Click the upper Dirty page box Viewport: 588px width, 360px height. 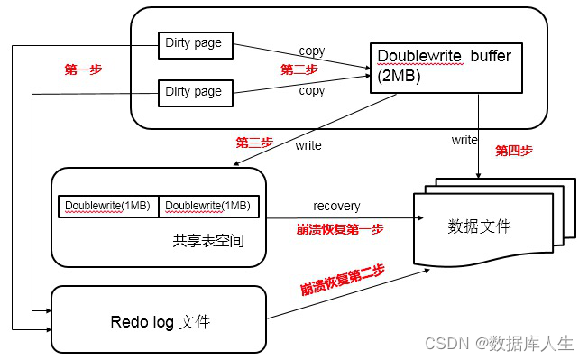tap(194, 42)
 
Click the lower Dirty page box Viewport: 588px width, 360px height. tap(194, 91)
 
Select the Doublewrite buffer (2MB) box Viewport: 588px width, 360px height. tap(446, 66)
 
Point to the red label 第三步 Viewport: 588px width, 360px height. tap(253, 143)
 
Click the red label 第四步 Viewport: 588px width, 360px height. tap(513, 151)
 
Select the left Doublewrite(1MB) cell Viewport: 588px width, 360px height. tap(108, 206)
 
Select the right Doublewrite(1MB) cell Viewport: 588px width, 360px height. tap(209, 206)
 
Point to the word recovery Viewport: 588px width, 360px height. tap(336, 207)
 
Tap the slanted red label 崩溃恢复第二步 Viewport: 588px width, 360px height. tap(343, 278)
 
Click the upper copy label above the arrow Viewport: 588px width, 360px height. tap(311, 51)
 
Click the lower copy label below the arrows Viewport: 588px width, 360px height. tap(311, 91)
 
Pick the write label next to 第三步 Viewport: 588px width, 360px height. tap(308, 144)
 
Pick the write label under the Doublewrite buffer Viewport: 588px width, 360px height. tap(464, 140)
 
